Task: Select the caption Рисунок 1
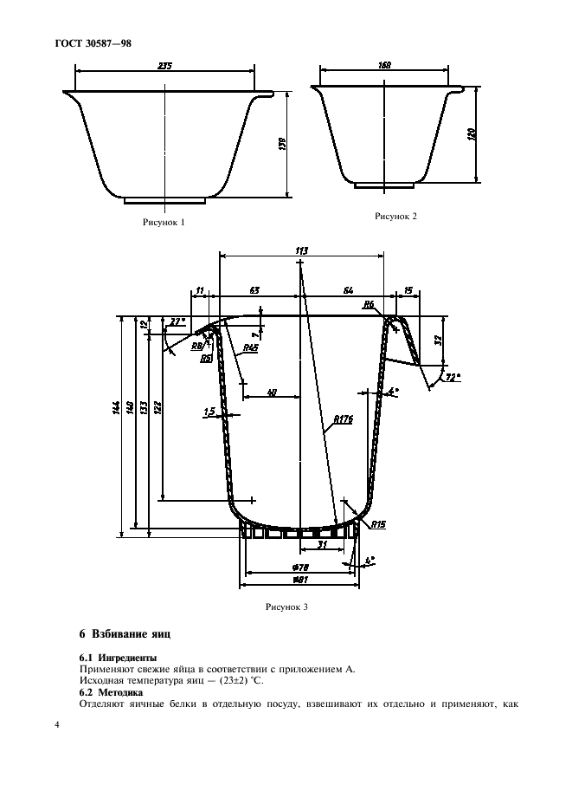(x=164, y=223)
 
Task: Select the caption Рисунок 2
(x=395, y=217)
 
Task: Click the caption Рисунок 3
(x=286, y=607)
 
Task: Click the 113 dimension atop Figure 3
(x=301, y=250)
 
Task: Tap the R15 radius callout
(x=377, y=525)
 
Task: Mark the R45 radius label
(x=250, y=347)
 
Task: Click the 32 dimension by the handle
(x=440, y=340)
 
